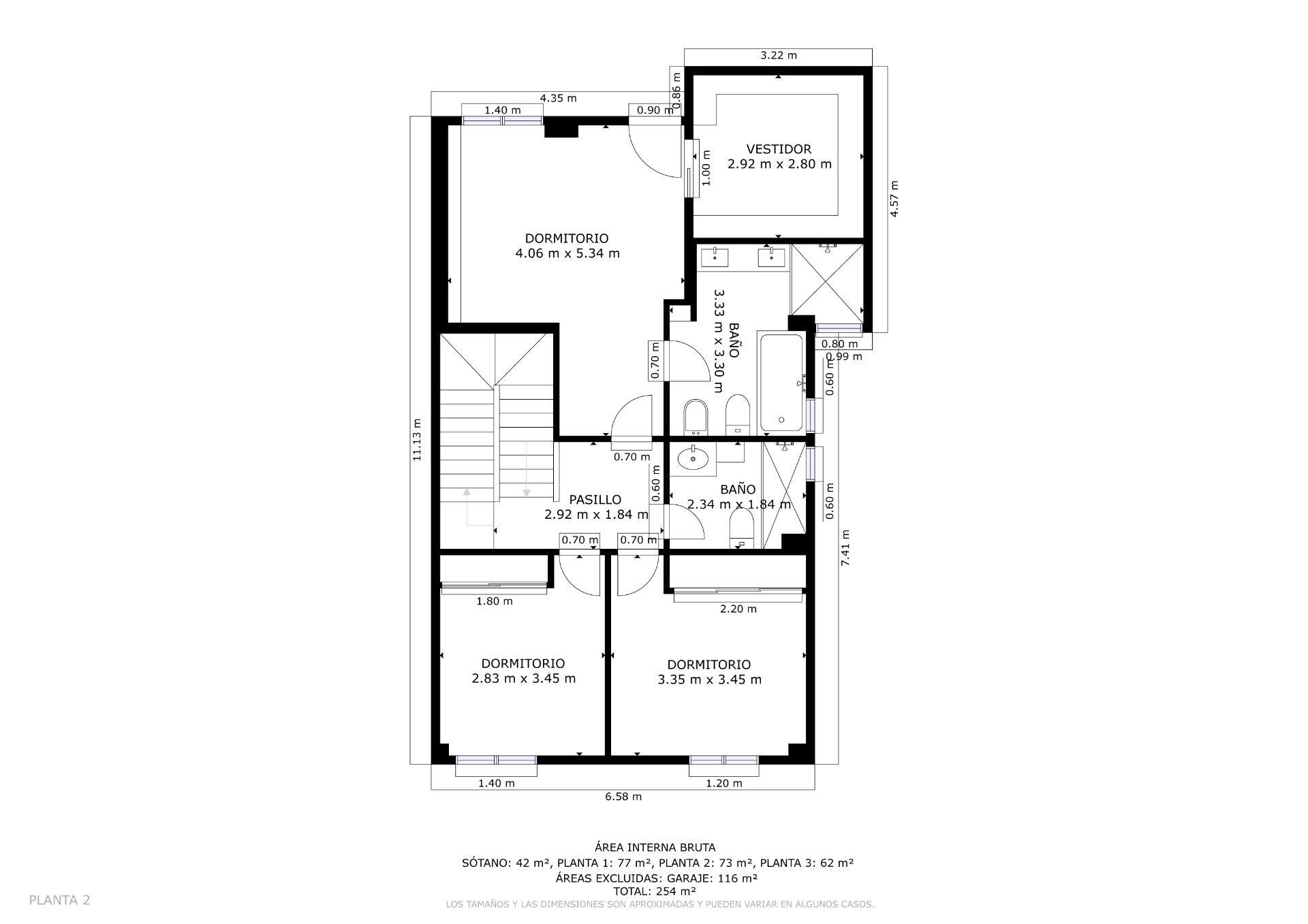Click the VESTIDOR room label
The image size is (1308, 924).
tap(779, 149)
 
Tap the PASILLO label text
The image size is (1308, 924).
tap(595, 500)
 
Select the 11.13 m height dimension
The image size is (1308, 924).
tap(417, 440)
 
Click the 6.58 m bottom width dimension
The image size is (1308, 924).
tap(623, 796)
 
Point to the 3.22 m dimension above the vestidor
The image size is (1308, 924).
tap(778, 55)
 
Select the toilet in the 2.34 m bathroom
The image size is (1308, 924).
tap(741, 528)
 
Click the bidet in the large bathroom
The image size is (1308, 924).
tap(696, 416)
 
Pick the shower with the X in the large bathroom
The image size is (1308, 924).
tap(827, 279)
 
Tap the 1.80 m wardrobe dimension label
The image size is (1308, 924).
tap(495, 601)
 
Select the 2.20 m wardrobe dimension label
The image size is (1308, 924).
tap(738, 609)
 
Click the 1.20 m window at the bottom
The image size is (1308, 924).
tap(723, 761)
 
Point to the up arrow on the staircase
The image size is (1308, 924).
tap(467, 492)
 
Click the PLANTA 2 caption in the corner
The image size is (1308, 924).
tap(59, 900)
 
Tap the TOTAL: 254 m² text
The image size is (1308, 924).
tap(654, 891)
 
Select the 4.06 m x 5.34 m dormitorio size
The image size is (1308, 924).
tap(567, 253)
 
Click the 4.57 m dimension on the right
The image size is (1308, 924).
tap(894, 198)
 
